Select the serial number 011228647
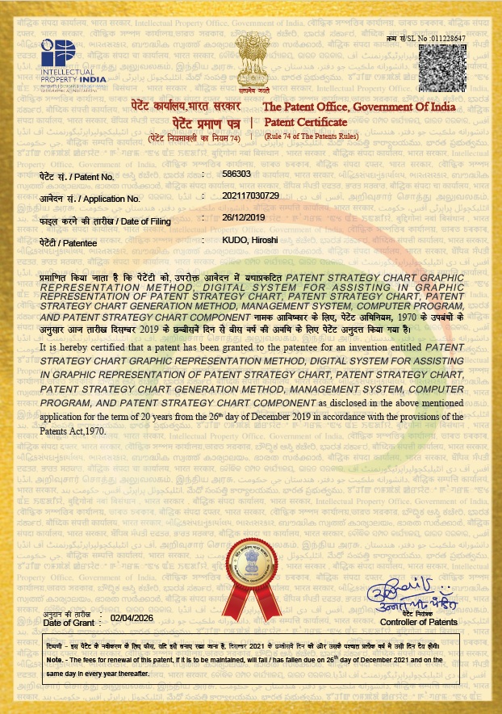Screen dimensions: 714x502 (448, 38)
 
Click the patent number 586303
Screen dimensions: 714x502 (236, 174)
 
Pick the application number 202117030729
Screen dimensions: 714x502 (250, 195)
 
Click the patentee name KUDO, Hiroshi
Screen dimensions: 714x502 (252, 241)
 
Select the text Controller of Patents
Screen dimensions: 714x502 (418, 622)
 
